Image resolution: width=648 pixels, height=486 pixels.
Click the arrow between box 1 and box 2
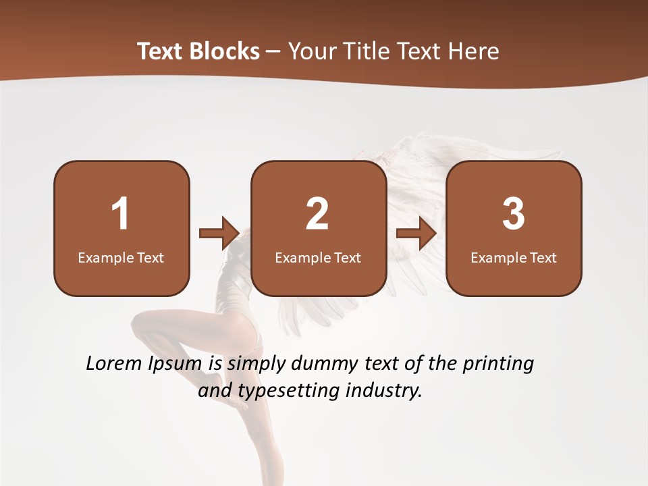click(x=219, y=234)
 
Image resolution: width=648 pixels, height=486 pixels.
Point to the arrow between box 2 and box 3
click(x=416, y=234)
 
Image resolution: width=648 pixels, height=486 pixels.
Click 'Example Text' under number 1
click(x=121, y=258)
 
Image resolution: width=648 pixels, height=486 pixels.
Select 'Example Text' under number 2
click(x=318, y=258)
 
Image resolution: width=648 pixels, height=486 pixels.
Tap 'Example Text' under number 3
click(x=514, y=258)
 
